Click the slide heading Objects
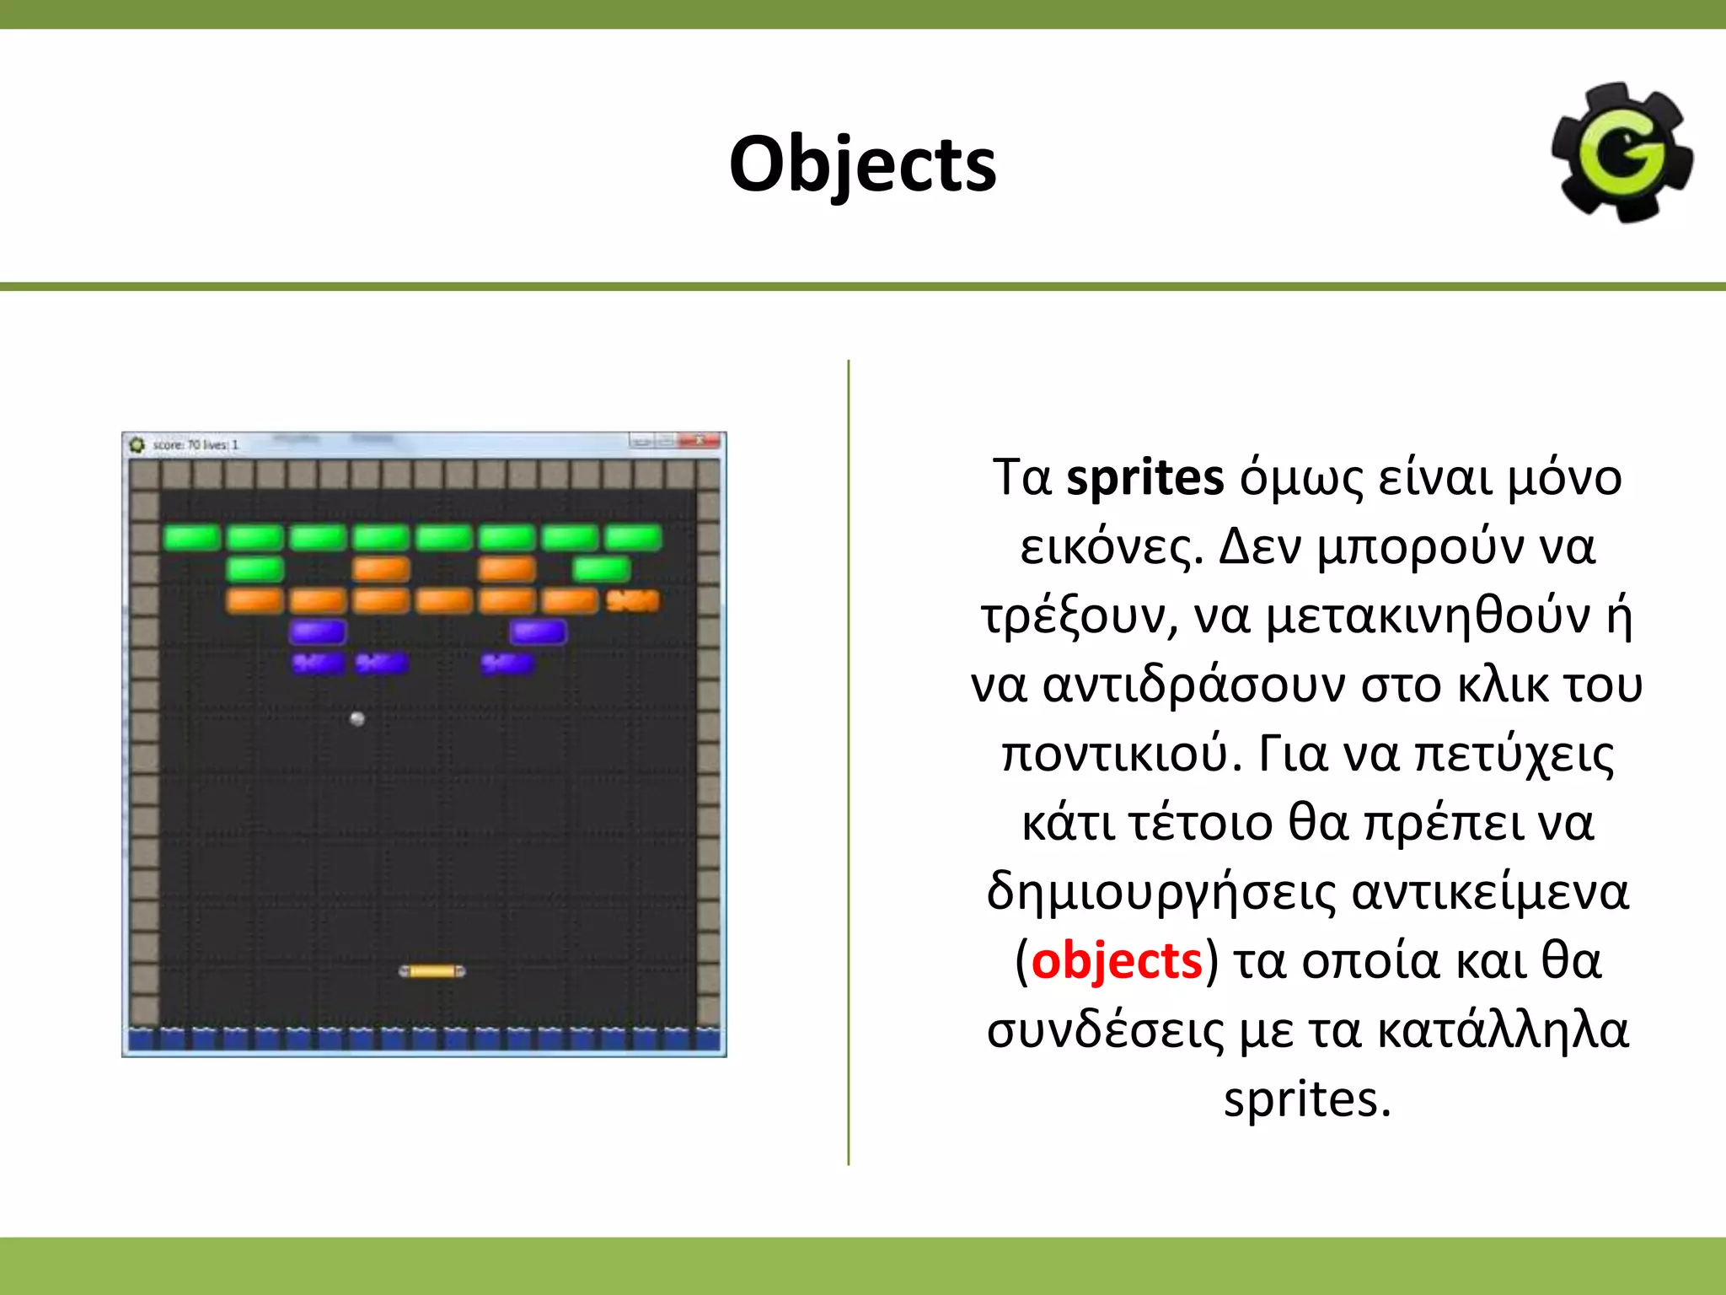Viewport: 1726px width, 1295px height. (862, 164)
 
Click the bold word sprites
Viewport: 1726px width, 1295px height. (1144, 478)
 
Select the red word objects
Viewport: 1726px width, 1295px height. (1117, 961)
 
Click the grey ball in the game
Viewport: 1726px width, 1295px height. (357, 718)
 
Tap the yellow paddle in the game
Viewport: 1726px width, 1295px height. (431, 971)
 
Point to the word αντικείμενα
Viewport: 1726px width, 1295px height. (1490, 892)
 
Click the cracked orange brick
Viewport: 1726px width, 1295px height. (633, 600)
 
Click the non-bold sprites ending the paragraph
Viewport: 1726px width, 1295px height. (1306, 1099)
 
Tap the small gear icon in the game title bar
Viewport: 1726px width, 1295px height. (137, 444)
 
